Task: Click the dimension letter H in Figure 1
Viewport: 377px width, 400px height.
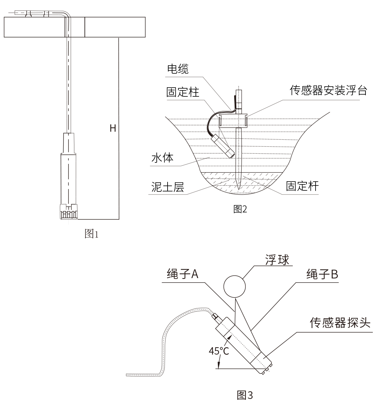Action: pos(113,129)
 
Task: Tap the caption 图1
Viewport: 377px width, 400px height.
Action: pos(92,234)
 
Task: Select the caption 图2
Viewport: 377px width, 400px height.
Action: pos(240,209)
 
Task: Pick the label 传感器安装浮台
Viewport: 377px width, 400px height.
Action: pos(328,91)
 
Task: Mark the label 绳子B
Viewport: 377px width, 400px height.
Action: pos(322,275)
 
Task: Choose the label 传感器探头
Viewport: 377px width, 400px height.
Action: pos(341,324)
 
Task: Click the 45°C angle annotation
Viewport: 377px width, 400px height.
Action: pos(219,350)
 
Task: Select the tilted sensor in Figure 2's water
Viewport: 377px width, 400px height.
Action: pos(223,145)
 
